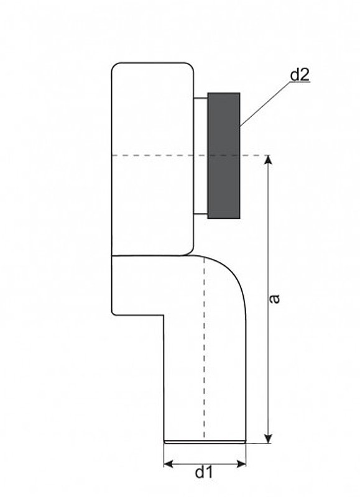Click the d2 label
click(x=300, y=75)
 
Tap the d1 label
click(x=205, y=472)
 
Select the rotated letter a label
click(x=275, y=299)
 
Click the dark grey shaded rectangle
click(x=224, y=156)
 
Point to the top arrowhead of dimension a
click(x=269, y=160)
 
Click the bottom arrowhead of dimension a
click(x=269, y=439)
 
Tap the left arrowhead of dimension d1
click(x=168, y=464)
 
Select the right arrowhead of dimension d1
click(x=241, y=464)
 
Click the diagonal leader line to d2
click(x=265, y=104)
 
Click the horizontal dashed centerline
click(x=190, y=155)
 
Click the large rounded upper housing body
click(x=152, y=158)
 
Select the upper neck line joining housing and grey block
click(x=200, y=98)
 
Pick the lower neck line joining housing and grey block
click(x=200, y=214)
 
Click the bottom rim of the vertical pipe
click(x=205, y=441)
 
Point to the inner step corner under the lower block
click(x=164, y=315)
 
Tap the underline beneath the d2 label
click(x=300, y=82)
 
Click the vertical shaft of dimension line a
click(x=269, y=299)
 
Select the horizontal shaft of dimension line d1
click(x=205, y=464)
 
